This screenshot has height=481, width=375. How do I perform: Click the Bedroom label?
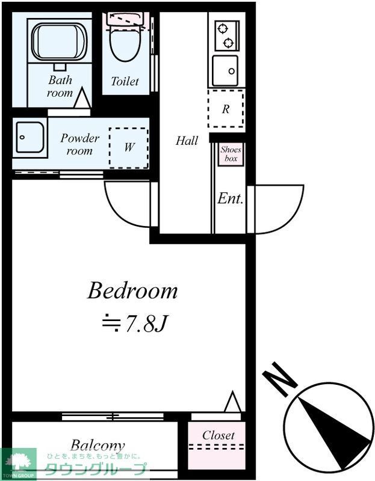[132, 291]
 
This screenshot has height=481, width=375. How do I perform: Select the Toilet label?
[125, 81]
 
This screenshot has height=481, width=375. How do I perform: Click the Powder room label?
[79, 144]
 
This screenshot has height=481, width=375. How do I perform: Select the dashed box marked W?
[128, 147]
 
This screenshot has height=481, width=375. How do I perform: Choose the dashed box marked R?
[226, 109]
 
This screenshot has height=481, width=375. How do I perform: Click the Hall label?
[187, 141]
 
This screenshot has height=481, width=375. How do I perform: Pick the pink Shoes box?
[231, 155]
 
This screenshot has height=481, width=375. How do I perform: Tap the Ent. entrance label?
[231, 199]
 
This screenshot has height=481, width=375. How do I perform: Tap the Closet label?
[218, 435]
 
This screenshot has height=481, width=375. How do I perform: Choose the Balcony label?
[98, 446]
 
